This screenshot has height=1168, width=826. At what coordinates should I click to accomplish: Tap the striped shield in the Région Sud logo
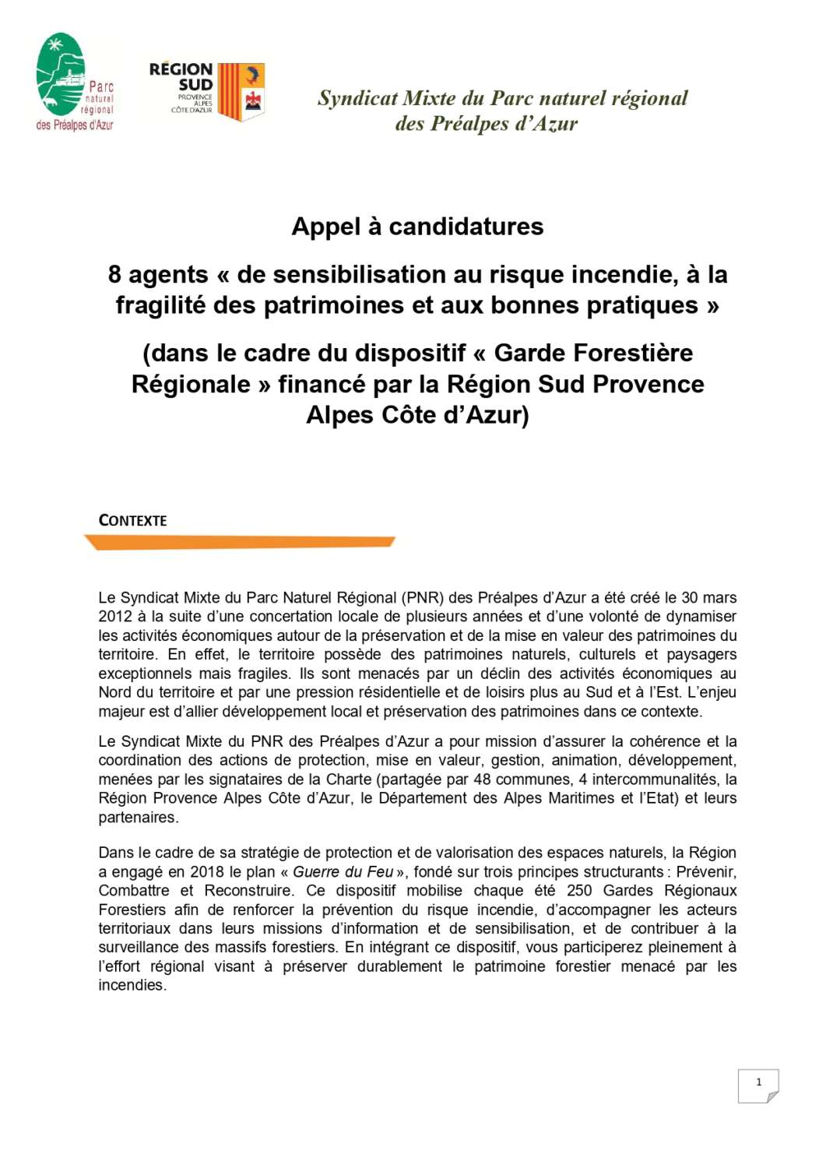(x=241, y=92)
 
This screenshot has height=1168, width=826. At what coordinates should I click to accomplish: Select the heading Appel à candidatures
(x=417, y=227)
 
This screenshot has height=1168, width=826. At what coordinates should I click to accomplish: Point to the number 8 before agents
(x=114, y=274)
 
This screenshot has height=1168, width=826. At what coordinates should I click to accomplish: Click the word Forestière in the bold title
(x=593, y=353)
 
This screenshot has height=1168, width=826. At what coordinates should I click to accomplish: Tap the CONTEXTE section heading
(x=133, y=521)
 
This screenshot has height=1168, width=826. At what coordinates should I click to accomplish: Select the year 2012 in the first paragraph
(x=115, y=617)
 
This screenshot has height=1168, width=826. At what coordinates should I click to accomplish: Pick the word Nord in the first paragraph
(x=114, y=692)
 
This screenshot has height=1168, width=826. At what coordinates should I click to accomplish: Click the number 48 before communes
(x=482, y=779)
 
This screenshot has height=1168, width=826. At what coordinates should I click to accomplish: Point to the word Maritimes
(x=591, y=798)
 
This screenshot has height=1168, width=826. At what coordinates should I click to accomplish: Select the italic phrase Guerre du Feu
(x=343, y=872)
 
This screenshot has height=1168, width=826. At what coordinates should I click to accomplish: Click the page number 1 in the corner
(x=758, y=1082)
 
